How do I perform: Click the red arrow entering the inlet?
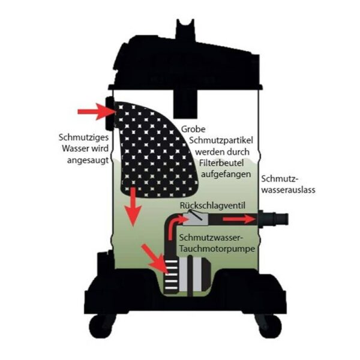(x=97, y=112)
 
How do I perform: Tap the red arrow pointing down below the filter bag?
(x=133, y=206)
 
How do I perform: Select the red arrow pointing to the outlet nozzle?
(x=239, y=219)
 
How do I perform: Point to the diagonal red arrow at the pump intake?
(x=155, y=259)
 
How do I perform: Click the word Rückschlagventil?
(x=212, y=205)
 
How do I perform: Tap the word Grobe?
(x=193, y=129)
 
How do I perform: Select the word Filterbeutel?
(x=221, y=163)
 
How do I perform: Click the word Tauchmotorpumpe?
(x=217, y=249)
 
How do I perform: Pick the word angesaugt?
(x=88, y=160)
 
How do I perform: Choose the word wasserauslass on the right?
(x=289, y=190)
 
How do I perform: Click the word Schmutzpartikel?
(x=221, y=140)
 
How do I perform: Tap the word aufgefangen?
(x=226, y=174)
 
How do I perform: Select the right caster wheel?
(x=268, y=325)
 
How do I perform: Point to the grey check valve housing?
(x=196, y=219)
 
